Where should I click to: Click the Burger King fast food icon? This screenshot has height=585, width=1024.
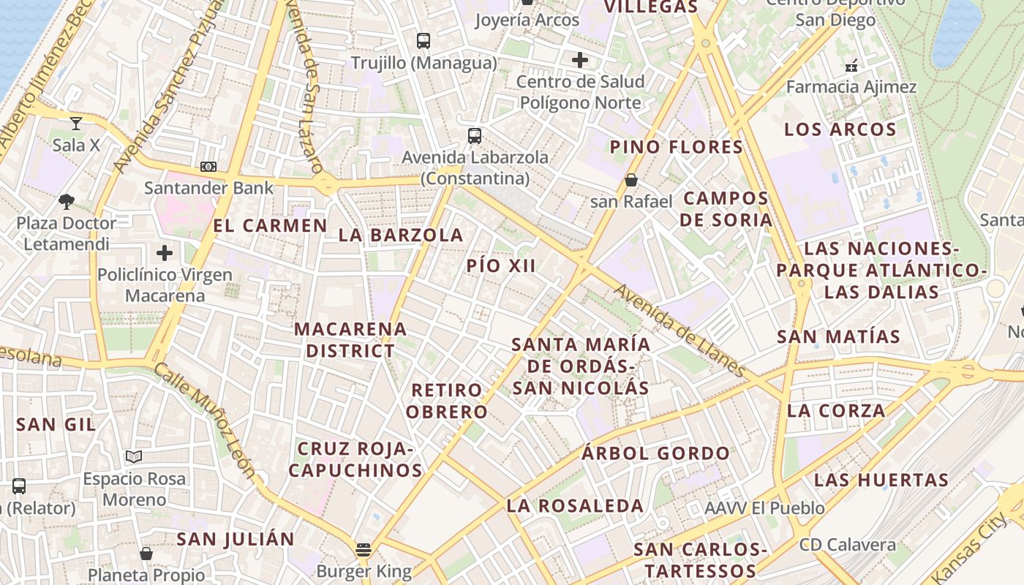(x=364, y=549)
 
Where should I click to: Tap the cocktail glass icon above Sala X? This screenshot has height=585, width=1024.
(x=76, y=123)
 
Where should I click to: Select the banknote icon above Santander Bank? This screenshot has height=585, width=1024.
(x=208, y=167)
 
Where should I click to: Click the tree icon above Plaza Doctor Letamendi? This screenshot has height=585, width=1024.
(x=67, y=201)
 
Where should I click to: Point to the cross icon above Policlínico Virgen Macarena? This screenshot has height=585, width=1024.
(x=165, y=254)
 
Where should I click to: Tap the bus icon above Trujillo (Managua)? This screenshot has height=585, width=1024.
(x=423, y=41)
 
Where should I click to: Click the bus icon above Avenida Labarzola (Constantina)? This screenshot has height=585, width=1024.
(x=475, y=135)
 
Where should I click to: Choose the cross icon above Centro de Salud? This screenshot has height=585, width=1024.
(x=581, y=59)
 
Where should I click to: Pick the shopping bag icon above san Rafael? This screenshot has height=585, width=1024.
(x=631, y=179)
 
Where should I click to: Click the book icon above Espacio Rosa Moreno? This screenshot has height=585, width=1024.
(x=133, y=457)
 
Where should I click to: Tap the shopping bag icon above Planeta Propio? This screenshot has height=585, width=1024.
(x=146, y=554)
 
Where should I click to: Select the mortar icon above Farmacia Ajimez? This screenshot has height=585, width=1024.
(x=851, y=66)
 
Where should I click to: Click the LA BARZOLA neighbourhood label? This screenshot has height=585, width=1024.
(x=401, y=235)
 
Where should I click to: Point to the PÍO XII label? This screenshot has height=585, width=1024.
(x=502, y=265)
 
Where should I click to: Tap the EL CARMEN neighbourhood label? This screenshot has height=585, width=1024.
(x=271, y=225)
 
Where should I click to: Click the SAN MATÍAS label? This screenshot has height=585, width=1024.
(x=838, y=336)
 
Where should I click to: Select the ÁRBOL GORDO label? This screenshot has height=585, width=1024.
(x=656, y=453)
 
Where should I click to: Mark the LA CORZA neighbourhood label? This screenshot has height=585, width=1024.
(x=836, y=410)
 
